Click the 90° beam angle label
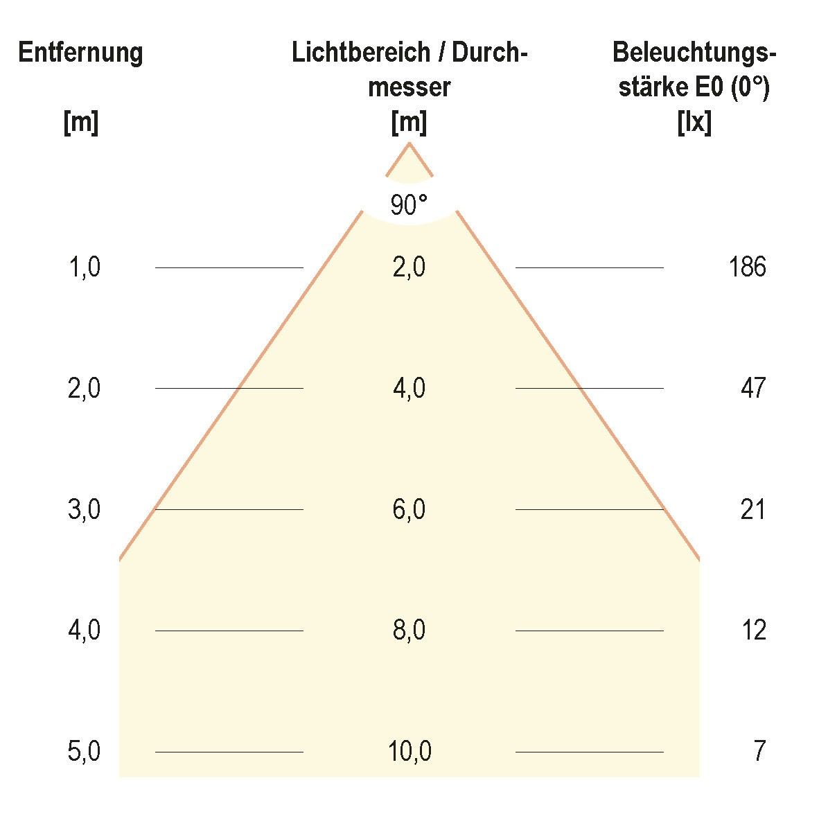[409, 205]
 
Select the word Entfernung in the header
[80, 53]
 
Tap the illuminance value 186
[747, 267]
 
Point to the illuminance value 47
[753, 388]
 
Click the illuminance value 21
[753, 509]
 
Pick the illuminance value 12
[753, 631]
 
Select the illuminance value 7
[759, 751]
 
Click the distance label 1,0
[85, 267]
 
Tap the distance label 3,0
[85, 509]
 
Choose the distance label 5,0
[85, 751]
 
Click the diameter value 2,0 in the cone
[409, 267]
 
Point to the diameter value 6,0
[409, 509]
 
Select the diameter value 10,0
[409, 751]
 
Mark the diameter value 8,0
[409, 631]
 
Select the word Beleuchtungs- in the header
[694, 53]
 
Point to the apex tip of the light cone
[409, 143]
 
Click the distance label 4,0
[85, 631]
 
